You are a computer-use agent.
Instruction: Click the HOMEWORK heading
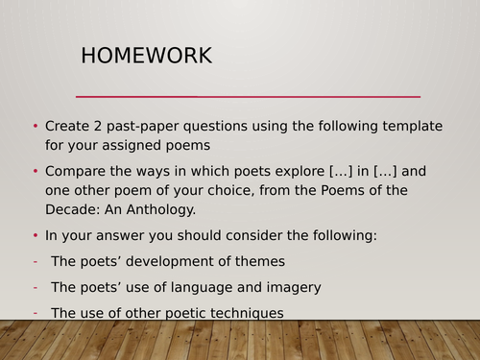click(x=146, y=57)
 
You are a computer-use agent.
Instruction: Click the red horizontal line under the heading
click(x=248, y=97)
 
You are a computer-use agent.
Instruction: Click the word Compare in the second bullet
click(x=79, y=172)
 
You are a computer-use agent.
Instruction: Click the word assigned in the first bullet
click(x=123, y=145)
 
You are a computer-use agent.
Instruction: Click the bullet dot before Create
click(x=36, y=127)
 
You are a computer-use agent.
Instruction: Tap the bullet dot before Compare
click(x=36, y=172)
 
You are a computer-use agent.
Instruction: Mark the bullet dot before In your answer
click(x=36, y=235)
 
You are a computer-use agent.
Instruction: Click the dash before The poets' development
click(x=36, y=261)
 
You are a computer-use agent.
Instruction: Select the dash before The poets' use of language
click(x=36, y=286)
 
